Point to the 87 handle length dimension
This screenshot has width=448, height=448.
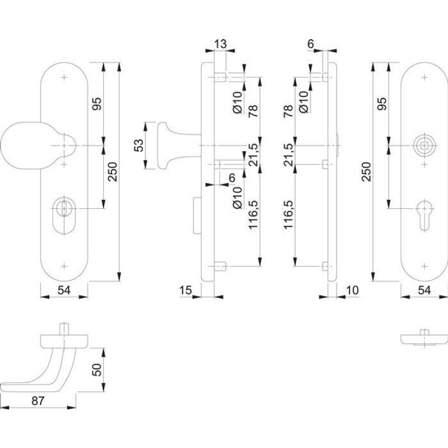(x=38, y=401)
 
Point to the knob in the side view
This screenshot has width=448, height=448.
(x=166, y=145)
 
